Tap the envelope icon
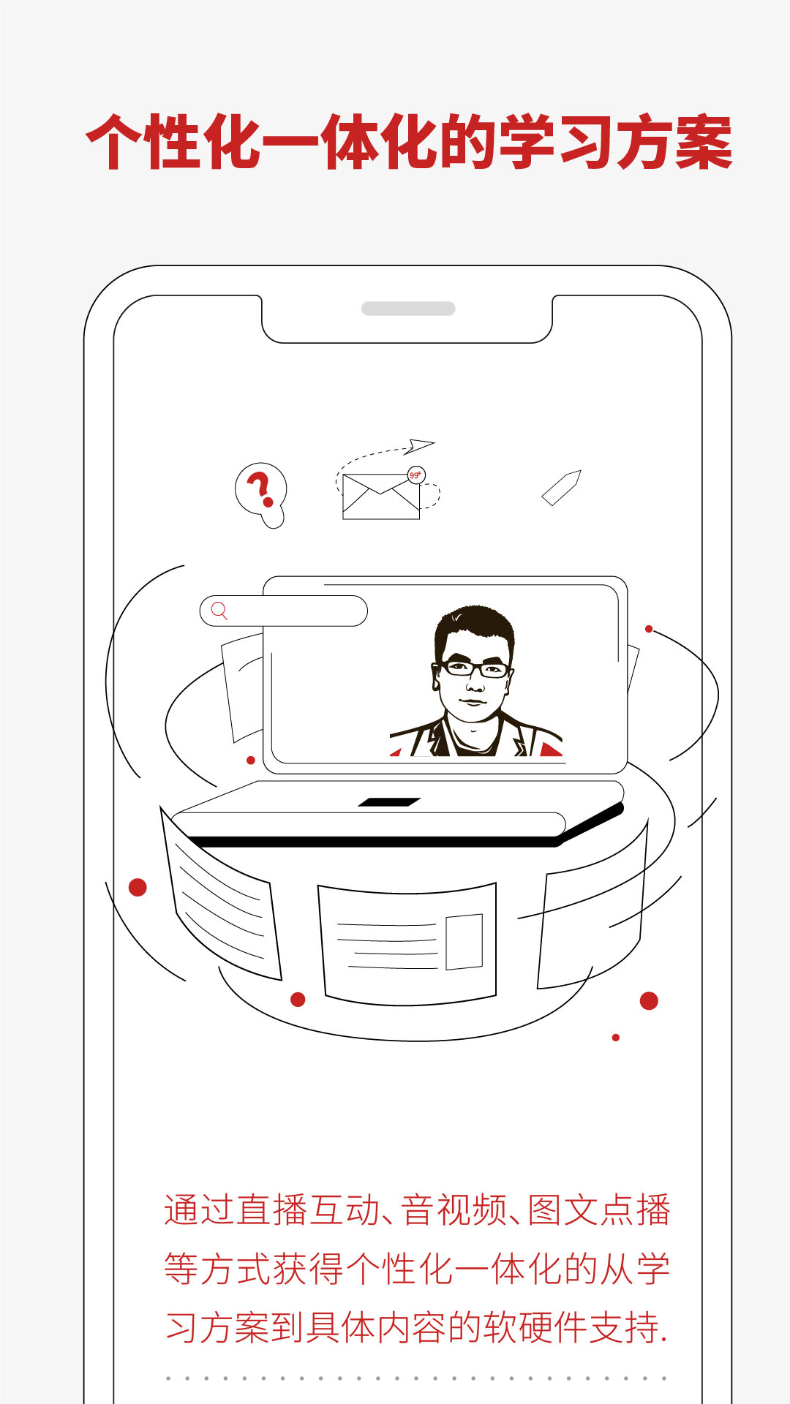click(381, 497)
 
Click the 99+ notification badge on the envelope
click(416, 475)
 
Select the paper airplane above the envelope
click(421, 445)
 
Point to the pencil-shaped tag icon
click(561, 488)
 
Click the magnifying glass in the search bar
click(219, 611)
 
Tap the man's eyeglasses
click(474, 668)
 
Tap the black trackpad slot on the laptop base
click(389, 802)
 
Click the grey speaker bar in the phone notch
click(408, 309)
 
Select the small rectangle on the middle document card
click(464, 942)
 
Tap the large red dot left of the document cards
click(138, 887)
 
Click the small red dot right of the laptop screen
click(649, 629)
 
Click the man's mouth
click(473, 703)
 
